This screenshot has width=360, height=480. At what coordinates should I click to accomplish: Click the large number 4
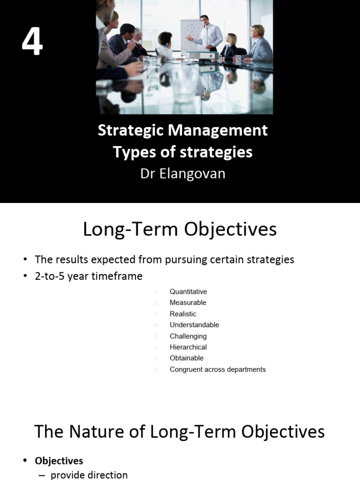pyautogui.click(x=32, y=41)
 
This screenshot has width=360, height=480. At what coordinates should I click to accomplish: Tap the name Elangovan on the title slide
pyautogui.click(x=193, y=173)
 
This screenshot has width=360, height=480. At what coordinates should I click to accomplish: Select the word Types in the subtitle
pyautogui.click(x=131, y=152)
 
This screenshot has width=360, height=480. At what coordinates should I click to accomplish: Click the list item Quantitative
pyautogui.click(x=188, y=292)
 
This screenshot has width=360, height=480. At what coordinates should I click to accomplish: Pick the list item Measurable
pyautogui.click(x=188, y=303)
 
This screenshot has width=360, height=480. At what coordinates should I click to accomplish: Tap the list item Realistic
pyautogui.click(x=183, y=314)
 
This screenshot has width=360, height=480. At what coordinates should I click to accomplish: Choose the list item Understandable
pyautogui.click(x=194, y=325)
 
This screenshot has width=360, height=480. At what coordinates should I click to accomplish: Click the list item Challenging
pyautogui.click(x=188, y=336)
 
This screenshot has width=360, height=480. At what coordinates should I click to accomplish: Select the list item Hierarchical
pyautogui.click(x=188, y=347)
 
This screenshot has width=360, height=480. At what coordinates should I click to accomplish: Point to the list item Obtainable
pyautogui.click(x=187, y=358)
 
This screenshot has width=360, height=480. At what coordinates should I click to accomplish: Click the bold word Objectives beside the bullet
pyautogui.click(x=59, y=461)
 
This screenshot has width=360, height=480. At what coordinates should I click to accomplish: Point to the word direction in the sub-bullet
pyautogui.click(x=107, y=475)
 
